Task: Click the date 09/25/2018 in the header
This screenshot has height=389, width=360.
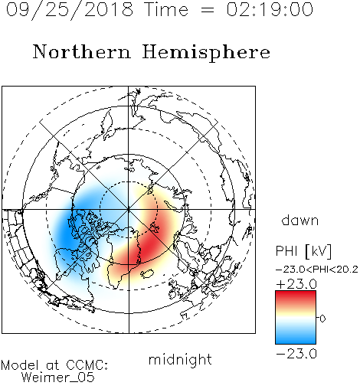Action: (70, 10)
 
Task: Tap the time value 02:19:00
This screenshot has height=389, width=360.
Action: (270, 9)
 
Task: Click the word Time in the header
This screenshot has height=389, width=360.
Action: (166, 9)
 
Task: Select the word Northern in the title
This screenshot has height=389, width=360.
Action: (82, 51)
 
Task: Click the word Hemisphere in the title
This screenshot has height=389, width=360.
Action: (206, 53)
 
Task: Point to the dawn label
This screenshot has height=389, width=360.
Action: (300, 220)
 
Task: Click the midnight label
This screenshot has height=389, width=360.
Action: (180, 359)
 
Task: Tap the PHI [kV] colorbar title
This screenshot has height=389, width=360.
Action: (303, 251)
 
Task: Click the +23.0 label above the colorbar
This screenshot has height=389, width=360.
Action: (296, 284)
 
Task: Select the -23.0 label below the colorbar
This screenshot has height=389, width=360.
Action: (296, 354)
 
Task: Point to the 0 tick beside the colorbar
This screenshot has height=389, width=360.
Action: (322, 319)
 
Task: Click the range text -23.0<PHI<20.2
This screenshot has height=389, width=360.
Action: (317, 269)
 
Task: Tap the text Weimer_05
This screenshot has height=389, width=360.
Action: (58, 378)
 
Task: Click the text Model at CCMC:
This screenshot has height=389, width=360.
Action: (54, 365)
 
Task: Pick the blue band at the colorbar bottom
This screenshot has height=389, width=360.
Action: (296, 338)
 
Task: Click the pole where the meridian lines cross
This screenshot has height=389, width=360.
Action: (129, 210)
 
